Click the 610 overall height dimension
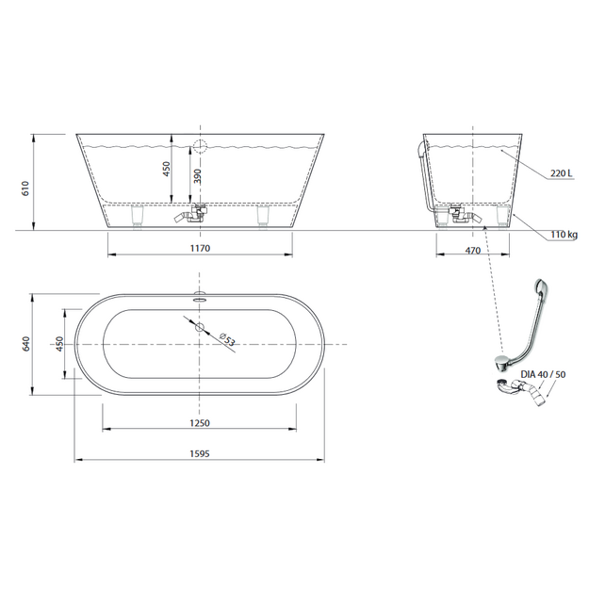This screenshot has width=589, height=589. (x=25, y=188)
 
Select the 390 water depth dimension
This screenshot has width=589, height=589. (x=197, y=176)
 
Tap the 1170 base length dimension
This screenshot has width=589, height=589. (x=200, y=248)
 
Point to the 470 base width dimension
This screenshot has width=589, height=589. (x=472, y=250)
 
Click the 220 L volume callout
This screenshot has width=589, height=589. (x=562, y=173)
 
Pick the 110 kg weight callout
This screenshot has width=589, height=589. (x=564, y=235)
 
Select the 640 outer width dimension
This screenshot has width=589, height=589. (x=26, y=344)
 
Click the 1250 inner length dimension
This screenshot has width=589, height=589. (x=200, y=423)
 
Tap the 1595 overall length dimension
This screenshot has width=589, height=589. (x=200, y=453)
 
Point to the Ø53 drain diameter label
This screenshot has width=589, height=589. (x=227, y=339)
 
